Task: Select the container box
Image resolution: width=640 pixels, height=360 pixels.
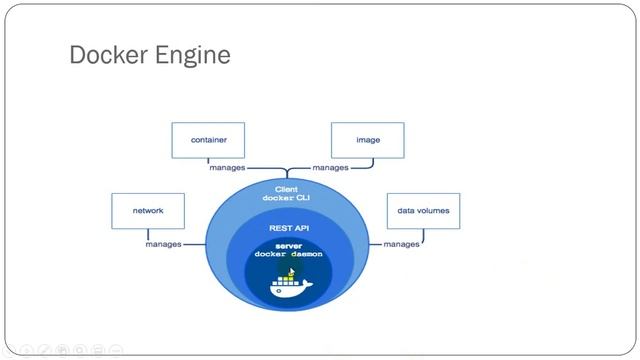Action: click(x=208, y=140)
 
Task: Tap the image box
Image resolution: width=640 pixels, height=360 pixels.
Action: click(x=368, y=140)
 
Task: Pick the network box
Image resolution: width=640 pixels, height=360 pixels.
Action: click(x=148, y=211)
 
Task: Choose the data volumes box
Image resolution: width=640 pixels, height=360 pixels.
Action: click(x=423, y=211)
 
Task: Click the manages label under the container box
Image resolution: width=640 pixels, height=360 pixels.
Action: click(x=228, y=168)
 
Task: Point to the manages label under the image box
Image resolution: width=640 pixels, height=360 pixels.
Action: click(x=331, y=168)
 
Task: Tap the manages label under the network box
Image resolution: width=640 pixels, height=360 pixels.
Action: click(x=163, y=244)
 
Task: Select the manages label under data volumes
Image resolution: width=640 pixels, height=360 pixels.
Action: click(x=401, y=244)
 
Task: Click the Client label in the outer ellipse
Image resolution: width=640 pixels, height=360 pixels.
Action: click(x=287, y=188)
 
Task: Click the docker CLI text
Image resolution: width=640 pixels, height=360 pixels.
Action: click(x=287, y=198)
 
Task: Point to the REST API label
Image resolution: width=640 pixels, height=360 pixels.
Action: click(x=287, y=228)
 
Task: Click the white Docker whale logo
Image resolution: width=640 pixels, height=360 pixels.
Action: click(x=289, y=286)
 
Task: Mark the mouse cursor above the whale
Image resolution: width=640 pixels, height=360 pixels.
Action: click(x=291, y=270)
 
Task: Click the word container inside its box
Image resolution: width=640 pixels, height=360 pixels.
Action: click(x=208, y=140)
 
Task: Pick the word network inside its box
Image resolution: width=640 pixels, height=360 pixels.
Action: click(x=148, y=211)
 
